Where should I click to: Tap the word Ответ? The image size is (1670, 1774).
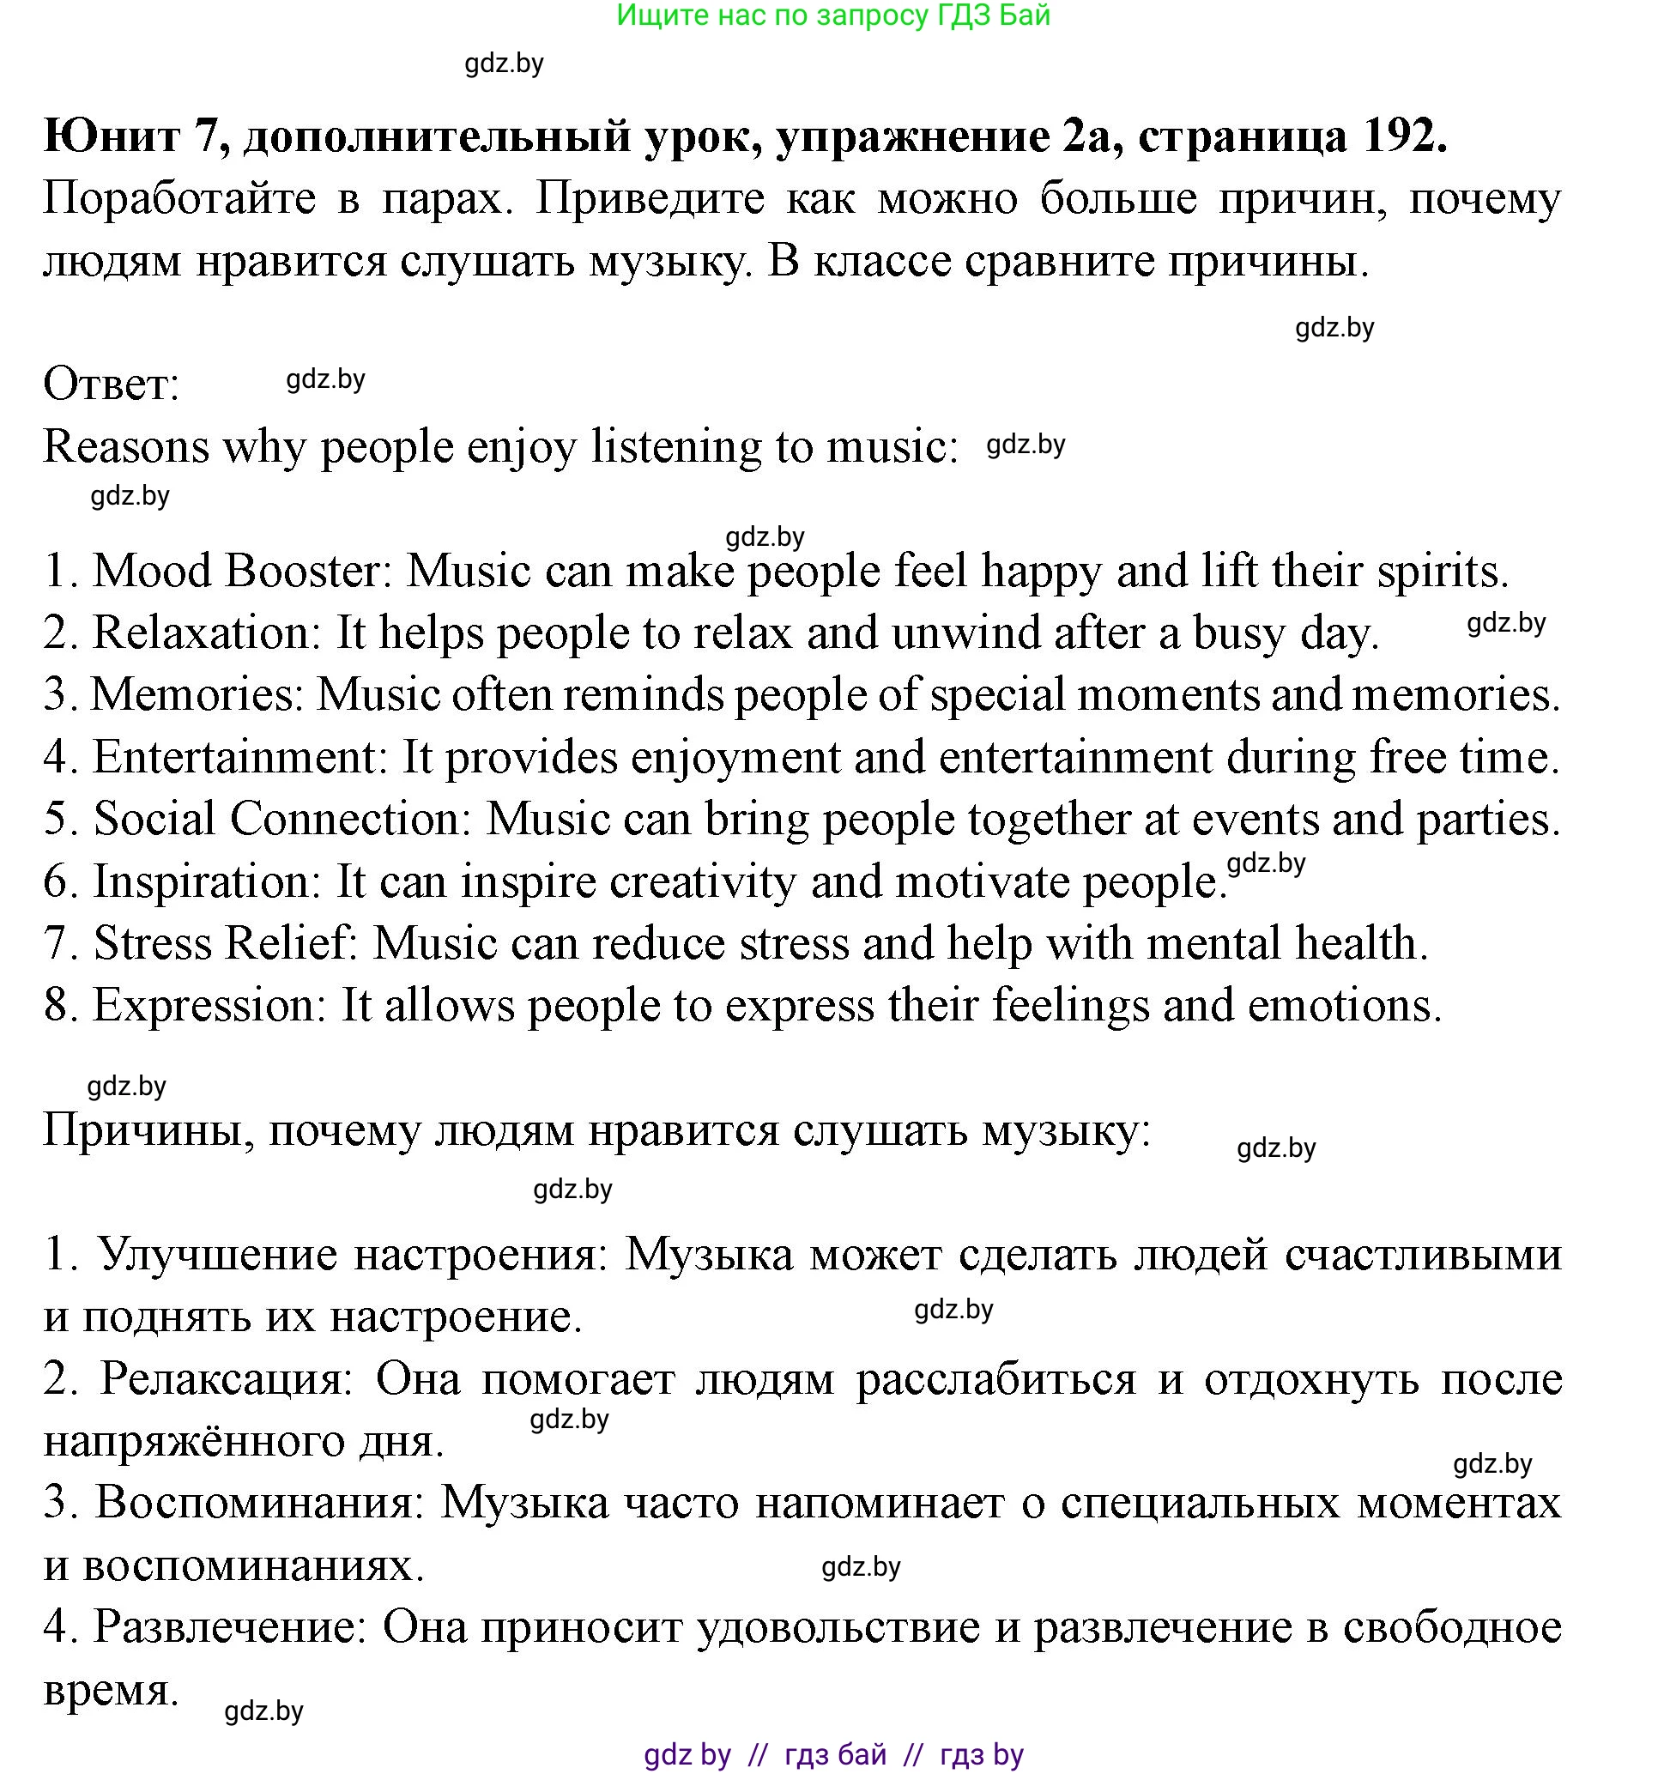click(112, 385)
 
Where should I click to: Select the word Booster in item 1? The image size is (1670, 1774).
click(303, 571)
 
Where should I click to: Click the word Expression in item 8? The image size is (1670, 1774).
click(210, 1006)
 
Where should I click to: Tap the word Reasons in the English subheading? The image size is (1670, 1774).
click(126, 447)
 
